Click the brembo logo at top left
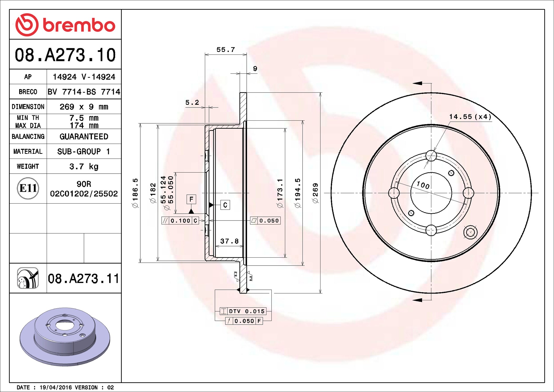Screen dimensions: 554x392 click(65, 25)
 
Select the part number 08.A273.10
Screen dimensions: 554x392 click(65, 55)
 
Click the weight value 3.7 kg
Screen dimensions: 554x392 click(84, 166)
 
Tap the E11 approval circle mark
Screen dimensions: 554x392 click(28, 188)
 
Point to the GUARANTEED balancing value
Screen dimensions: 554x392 click(84, 136)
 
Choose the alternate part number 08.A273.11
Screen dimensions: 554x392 click(83, 278)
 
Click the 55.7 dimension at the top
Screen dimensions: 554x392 click(226, 50)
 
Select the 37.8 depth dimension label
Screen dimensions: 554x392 click(229, 241)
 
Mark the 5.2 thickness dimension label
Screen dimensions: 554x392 click(192, 102)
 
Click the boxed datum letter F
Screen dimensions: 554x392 click(191, 199)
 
